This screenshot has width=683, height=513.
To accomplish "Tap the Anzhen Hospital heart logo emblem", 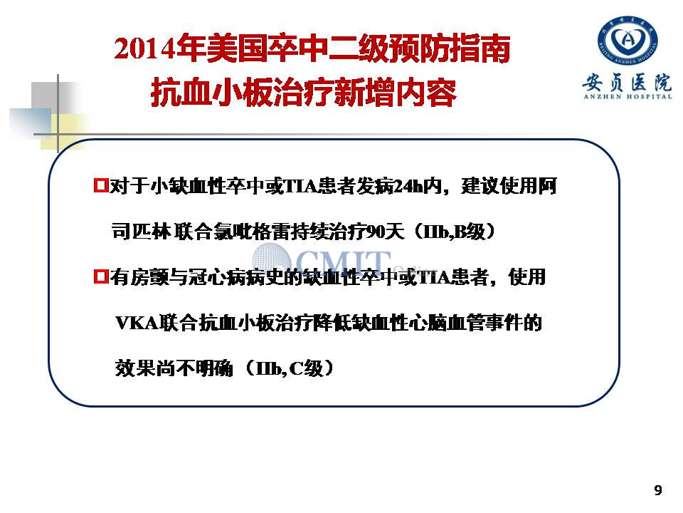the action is pos(628,41).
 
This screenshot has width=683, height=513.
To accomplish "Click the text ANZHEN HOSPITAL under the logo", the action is pos(628,96).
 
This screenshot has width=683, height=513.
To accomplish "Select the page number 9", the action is pos(657,490).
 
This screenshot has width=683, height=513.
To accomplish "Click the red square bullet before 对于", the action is pos(100,185).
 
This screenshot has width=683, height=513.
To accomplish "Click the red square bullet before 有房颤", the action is pos(100,276).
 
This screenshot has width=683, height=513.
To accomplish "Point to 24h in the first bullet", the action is pos(408,186).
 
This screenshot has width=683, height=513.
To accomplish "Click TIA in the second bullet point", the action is pos(434,277).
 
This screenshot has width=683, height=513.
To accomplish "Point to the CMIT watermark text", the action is pos(344,261).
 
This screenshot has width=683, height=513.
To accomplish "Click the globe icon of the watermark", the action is pos(272,258).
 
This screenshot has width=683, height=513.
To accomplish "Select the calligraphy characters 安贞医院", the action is pos(628,81).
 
